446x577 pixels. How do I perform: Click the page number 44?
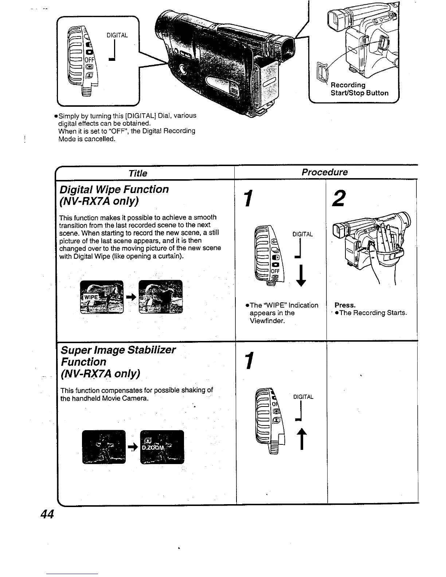(x=47, y=514)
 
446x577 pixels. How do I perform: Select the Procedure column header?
(x=325, y=172)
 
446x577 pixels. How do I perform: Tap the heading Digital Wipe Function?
(x=114, y=189)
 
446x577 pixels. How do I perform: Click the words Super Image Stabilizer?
(x=118, y=350)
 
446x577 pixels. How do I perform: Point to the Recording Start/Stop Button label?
(x=359, y=89)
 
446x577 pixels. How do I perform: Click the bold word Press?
(x=345, y=305)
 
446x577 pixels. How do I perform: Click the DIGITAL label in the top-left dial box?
(x=117, y=35)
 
